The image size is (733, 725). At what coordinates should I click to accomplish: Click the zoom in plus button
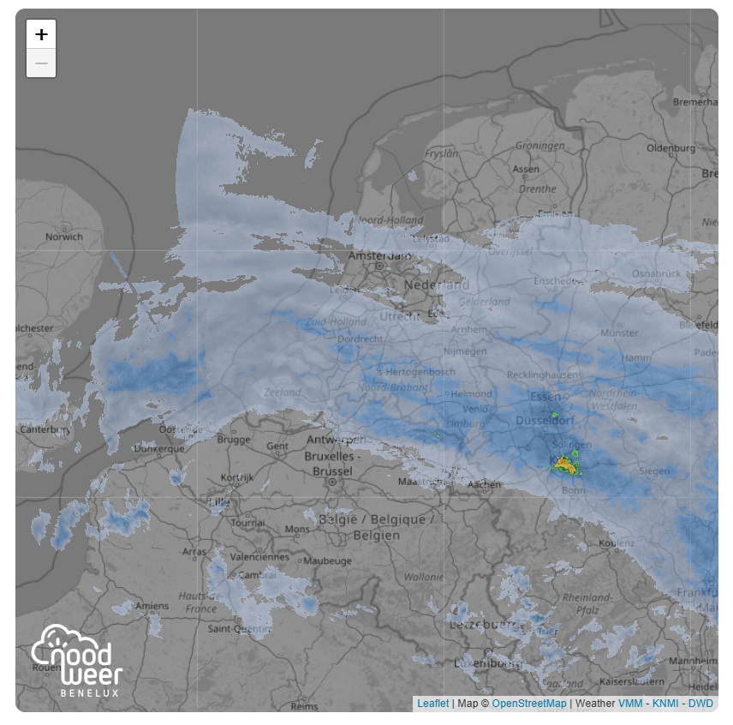click(x=41, y=34)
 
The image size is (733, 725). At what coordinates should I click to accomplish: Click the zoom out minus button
click(x=41, y=63)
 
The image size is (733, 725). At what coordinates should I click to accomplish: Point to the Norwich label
click(x=64, y=237)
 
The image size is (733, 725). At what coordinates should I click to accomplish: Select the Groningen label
click(x=539, y=146)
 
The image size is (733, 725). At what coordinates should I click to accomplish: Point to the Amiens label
click(x=152, y=606)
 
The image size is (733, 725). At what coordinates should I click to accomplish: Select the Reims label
click(x=304, y=706)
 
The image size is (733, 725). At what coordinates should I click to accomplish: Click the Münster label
click(x=620, y=333)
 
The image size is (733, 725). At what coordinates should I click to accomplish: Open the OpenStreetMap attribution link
click(x=528, y=704)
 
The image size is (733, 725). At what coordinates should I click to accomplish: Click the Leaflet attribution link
click(x=432, y=704)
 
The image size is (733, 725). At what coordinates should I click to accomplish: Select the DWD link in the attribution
click(x=700, y=704)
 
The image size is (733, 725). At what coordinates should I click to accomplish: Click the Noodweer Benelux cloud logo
click(x=76, y=660)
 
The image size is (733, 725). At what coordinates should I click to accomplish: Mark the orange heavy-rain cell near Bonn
click(x=563, y=464)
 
